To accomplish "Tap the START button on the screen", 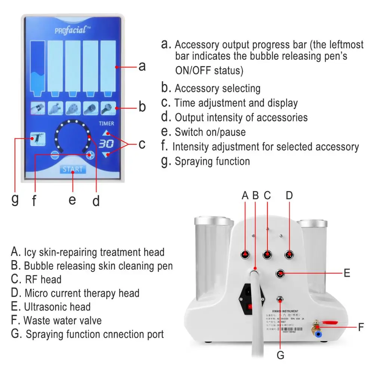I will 73,169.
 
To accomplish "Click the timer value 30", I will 107,144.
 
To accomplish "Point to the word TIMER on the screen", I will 107,123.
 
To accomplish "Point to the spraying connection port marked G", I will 279,299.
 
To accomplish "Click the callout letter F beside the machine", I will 361,327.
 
